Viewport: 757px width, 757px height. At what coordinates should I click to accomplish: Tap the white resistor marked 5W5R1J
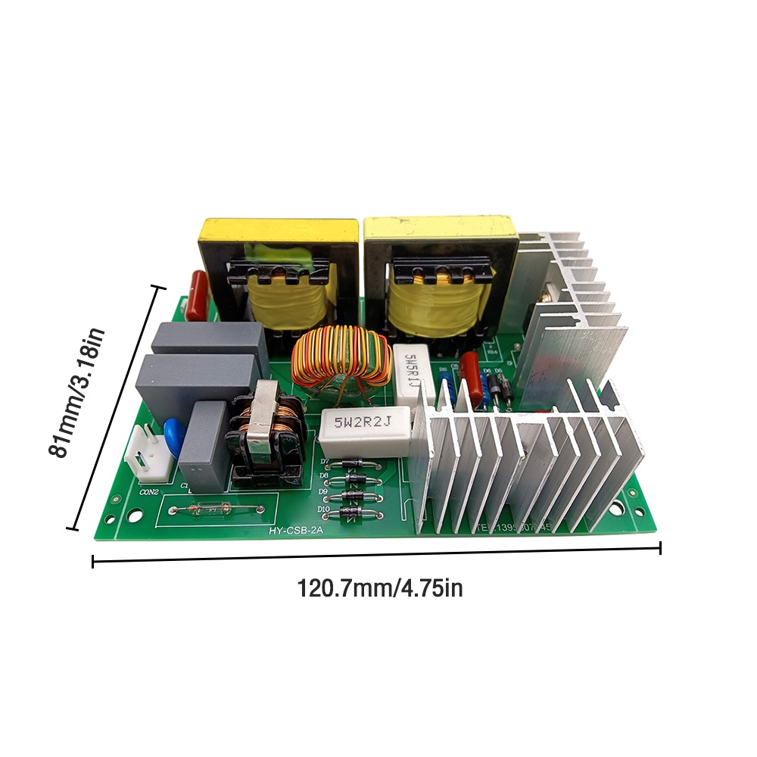pyautogui.click(x=414, y=374)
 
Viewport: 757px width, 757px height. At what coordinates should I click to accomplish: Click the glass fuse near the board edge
pyautogui.click(x=205, y=511)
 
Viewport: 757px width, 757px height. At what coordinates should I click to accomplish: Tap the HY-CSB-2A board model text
pyautogui.click(x=295, y=531)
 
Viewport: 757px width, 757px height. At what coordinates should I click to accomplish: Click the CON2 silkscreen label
pyautogui.click(x=149, y=492)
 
